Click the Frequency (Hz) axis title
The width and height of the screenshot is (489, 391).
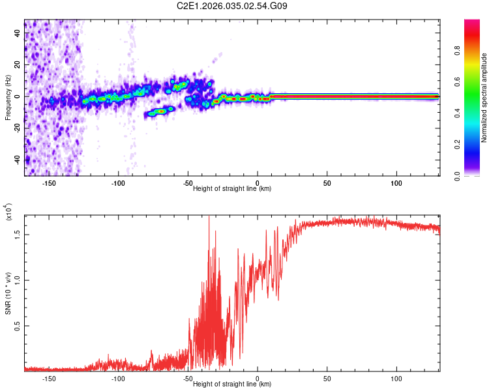pos(8,97)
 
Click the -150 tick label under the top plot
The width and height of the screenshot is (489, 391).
pos(48,183)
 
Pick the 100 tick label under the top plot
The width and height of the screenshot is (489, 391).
pos(396,183)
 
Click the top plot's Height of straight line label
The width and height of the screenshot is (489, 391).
pos(232,189)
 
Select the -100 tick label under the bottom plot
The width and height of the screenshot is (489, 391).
pos(117,379)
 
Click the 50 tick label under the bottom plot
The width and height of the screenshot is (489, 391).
pos(327,379)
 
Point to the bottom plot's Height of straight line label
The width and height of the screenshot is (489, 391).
pos(232,384)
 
